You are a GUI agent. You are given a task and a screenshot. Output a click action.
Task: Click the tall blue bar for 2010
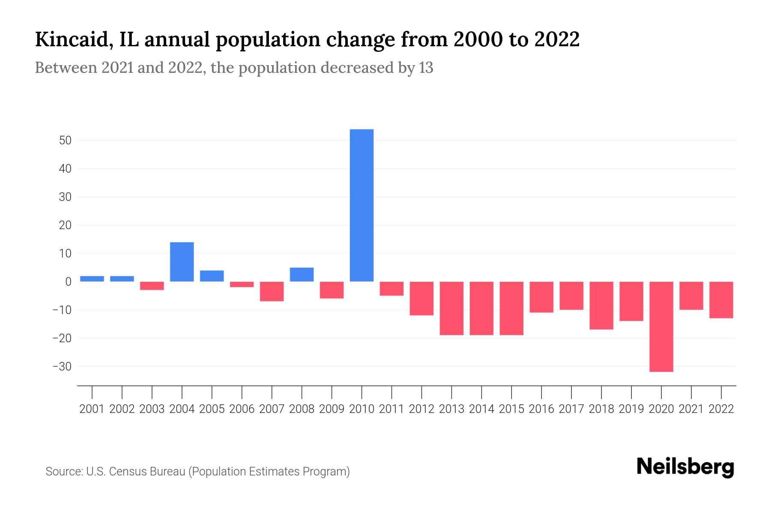362,206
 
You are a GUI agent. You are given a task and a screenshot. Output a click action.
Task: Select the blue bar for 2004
182,262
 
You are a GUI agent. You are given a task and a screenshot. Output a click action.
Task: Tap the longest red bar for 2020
661,326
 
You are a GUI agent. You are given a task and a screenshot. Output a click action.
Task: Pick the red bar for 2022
721,300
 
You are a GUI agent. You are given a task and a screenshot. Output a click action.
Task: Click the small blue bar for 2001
92,279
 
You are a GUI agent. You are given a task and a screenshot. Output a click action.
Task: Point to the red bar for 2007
272,291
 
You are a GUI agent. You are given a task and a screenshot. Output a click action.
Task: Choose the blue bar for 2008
302,275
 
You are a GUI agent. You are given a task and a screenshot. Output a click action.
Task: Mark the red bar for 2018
601,305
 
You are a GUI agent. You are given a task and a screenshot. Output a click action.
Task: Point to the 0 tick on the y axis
68,282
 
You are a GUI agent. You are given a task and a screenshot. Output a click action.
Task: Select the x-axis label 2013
451,409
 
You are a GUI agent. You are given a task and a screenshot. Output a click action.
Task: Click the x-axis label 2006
242,409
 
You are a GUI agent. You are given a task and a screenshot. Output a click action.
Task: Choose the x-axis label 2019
631,409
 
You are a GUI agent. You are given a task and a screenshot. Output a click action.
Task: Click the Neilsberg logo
685,467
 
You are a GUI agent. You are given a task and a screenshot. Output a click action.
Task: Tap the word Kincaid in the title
70,40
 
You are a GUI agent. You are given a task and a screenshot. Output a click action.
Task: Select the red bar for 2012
421,299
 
